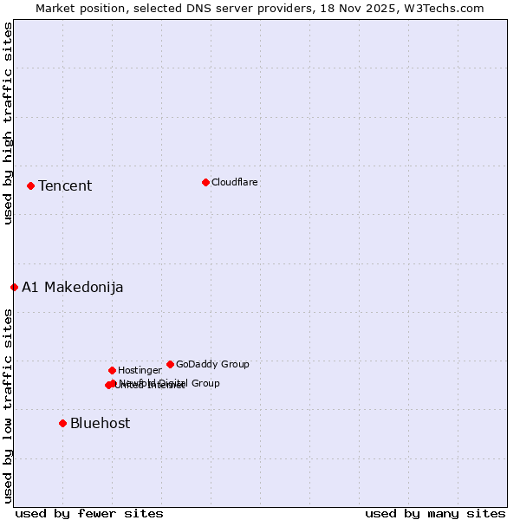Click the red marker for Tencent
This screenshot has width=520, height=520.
[30, 185]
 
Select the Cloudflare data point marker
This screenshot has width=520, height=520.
[205, 182]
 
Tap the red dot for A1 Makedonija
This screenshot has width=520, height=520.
[14, 287]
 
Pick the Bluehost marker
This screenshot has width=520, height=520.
[62, 423]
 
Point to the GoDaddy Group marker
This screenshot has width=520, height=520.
[170, 364]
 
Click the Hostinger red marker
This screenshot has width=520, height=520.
[112, 370]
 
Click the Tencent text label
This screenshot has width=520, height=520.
[65, 185]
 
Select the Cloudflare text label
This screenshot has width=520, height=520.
[234, 182]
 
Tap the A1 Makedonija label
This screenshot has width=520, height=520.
[73, 287]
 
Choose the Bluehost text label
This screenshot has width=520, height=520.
[101, 423]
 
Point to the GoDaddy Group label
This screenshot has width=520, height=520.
[212, 364]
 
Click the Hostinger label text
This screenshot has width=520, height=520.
[140, 370]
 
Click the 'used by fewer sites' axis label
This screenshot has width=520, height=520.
[89, 513]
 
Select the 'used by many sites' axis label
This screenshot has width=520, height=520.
[435, 513]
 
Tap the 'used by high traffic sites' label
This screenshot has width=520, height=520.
[8, 123]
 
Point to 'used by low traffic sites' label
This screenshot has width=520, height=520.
[8, 406]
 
